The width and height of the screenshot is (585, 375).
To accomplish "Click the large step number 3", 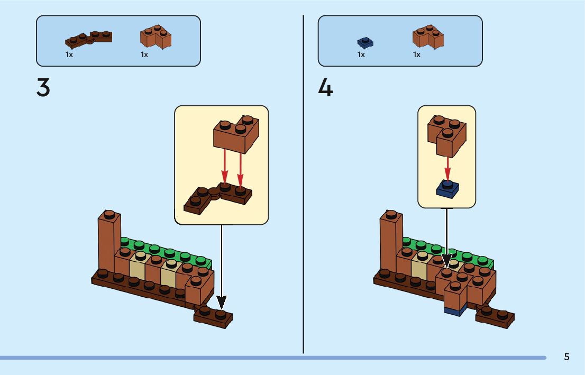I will tap(43, 87).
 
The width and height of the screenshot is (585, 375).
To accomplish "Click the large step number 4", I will tap(325, 87).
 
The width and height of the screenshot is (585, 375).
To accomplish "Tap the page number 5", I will tap(566, 356).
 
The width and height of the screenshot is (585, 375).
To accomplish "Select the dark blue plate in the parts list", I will tap(365, 42).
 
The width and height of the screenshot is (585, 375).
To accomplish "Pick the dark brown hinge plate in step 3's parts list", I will tap(89, 39).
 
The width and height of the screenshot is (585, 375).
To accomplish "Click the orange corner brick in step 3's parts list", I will tap(156, 36).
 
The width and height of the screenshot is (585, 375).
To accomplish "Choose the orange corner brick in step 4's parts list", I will tap(428, 36).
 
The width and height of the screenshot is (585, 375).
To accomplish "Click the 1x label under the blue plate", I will tap(361, 54).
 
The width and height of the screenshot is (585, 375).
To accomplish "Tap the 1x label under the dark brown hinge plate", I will tap(69, 54).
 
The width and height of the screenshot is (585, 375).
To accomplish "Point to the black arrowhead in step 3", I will tap(222, 303).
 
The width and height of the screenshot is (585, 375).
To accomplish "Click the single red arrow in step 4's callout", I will tap(448, 168).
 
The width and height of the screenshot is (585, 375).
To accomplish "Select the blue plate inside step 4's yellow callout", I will tap(448, 189).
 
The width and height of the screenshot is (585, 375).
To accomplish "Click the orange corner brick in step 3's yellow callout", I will tap(236, 133).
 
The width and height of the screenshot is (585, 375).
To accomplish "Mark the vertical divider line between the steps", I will tap(303, 185).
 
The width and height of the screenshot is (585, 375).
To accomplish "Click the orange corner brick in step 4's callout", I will tap(447, 134).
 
